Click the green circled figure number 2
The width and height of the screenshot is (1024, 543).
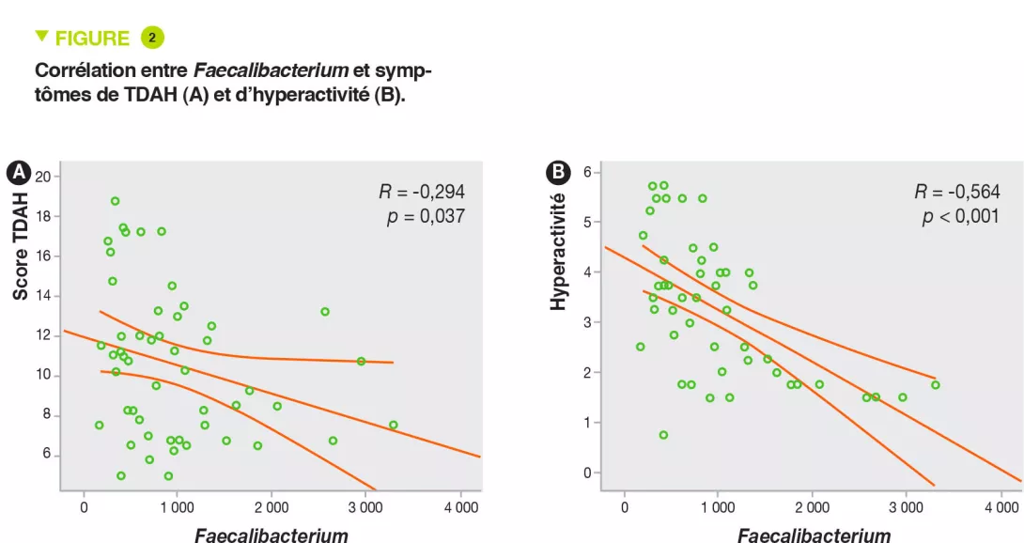coord(152,38)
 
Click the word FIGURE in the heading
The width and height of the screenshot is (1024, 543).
coord(92,39)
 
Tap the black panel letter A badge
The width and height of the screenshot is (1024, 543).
coord(17,172)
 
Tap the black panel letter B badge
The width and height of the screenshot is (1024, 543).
coord(559,172)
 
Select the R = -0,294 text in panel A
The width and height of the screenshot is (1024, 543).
coord(422,193)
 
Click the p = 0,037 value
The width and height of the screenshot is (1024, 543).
coord(426,218)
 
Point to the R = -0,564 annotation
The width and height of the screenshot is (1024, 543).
coord(958,193)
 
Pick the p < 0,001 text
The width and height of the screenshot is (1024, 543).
coord(959,218)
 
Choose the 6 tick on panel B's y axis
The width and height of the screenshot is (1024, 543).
coord(586,172)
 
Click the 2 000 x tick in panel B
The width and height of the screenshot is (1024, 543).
coord(812,507)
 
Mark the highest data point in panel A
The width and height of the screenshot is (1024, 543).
coord(116,201)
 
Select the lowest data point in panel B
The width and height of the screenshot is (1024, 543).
coord(663,435)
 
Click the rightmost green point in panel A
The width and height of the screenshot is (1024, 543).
coord(393,425)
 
